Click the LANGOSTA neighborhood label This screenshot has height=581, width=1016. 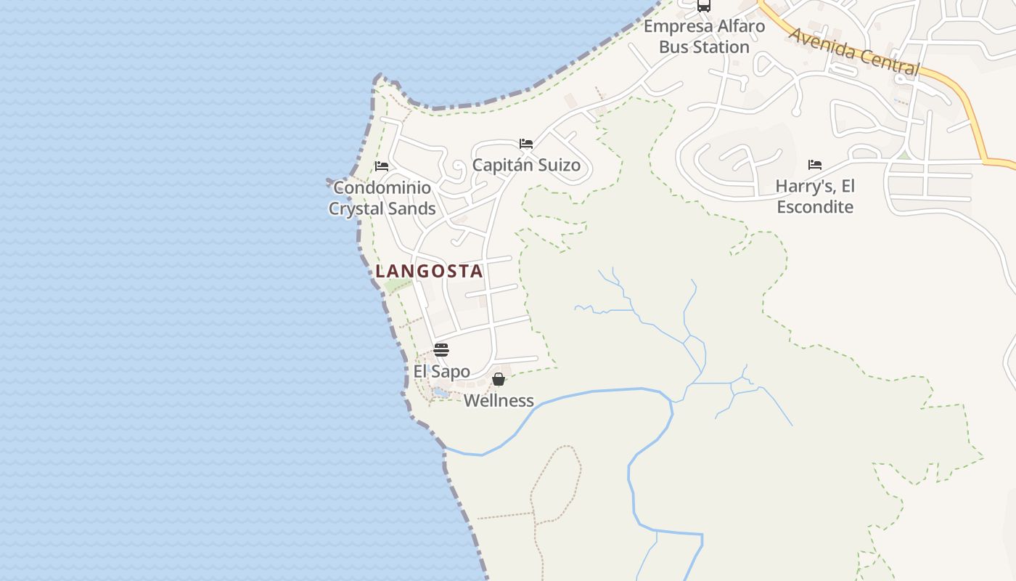coord(429,272)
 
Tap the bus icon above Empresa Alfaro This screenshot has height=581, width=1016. coord(704,6)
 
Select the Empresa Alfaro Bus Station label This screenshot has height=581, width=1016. coord(704,37)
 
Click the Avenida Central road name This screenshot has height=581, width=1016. coord(853,52)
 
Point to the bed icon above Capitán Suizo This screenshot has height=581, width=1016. coord(526,144)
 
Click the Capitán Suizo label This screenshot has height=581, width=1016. coord(526,165)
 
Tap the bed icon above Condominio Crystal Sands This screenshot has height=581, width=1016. coord(382,166)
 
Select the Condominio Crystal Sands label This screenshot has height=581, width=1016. coord(382,198)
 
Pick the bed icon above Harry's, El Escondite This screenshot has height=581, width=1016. coord(815,165)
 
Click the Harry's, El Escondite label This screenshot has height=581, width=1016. coord(815,196)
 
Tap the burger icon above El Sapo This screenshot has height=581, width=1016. coord(441,350)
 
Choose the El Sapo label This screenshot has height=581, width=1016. coord(441,372)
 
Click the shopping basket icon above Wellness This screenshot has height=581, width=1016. coord(499,379)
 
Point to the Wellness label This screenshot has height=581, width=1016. coord(499,400)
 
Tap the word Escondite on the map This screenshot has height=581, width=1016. coord(815,207)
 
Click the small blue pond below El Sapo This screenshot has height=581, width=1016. coord(441,394)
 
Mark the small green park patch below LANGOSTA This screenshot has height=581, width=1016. coord(396,286)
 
